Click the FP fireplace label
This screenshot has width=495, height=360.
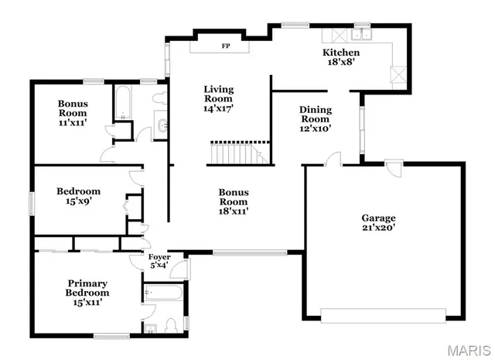pos(226,46)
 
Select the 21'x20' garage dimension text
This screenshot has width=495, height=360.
pos(378,228)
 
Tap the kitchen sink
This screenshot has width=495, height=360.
pos(360,34)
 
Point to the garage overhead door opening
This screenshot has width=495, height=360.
pos(384,315)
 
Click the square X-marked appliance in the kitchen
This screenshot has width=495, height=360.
pos(398,75)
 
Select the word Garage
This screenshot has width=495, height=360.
pos(378,218)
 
